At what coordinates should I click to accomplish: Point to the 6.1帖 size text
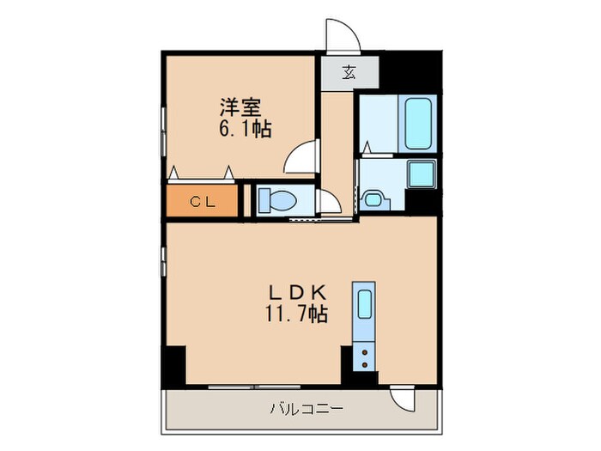[x=246, y=130]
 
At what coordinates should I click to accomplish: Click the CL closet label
[x=202, y=202]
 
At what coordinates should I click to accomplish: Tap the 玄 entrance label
[x=349, y=72]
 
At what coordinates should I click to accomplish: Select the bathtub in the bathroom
[x=420, y=122]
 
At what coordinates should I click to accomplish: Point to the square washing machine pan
[x=422, y=174]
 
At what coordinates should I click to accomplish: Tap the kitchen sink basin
[x=364, y=307]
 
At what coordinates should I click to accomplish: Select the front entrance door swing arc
[x=343, y=34]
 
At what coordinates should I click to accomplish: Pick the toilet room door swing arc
[x=329, y=204]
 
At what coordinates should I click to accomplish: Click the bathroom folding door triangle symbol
[x=367, y=147]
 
